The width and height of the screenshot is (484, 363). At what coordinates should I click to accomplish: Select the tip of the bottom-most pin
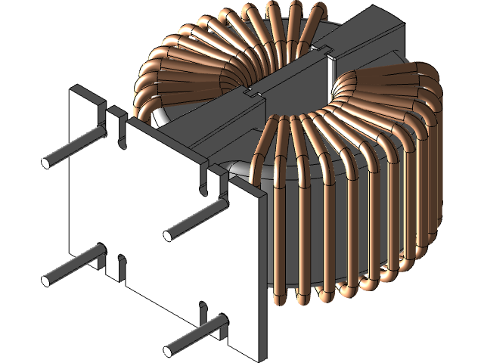click(168, 350)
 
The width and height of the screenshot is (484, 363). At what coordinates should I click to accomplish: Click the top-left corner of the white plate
click(72, 89)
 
